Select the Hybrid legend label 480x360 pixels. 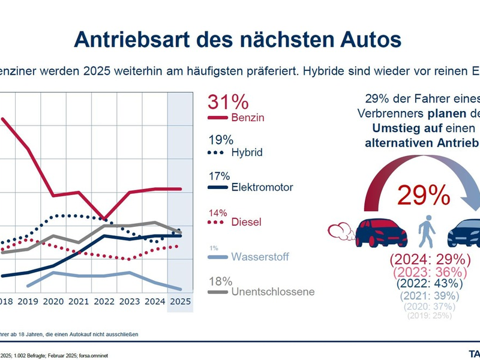pos(247,152)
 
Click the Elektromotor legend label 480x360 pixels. pos(262,187)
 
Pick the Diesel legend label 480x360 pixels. pos(246,223)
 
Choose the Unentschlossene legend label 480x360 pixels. pos(272,292)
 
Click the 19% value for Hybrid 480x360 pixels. pos(220,140)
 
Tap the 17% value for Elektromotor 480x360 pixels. pos(220,176)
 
